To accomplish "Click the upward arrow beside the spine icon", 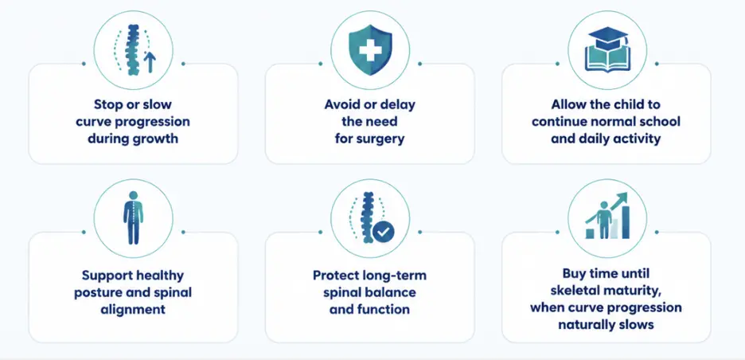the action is point(150,62).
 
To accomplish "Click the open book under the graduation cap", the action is point(607,59).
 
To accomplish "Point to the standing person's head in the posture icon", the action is point(133,195).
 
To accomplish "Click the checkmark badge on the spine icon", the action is point(384,232).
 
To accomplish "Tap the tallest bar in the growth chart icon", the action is point(626,222).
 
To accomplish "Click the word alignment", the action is point(133,309).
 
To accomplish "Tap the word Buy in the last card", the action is point(575,273).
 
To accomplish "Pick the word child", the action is point(628,104).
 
